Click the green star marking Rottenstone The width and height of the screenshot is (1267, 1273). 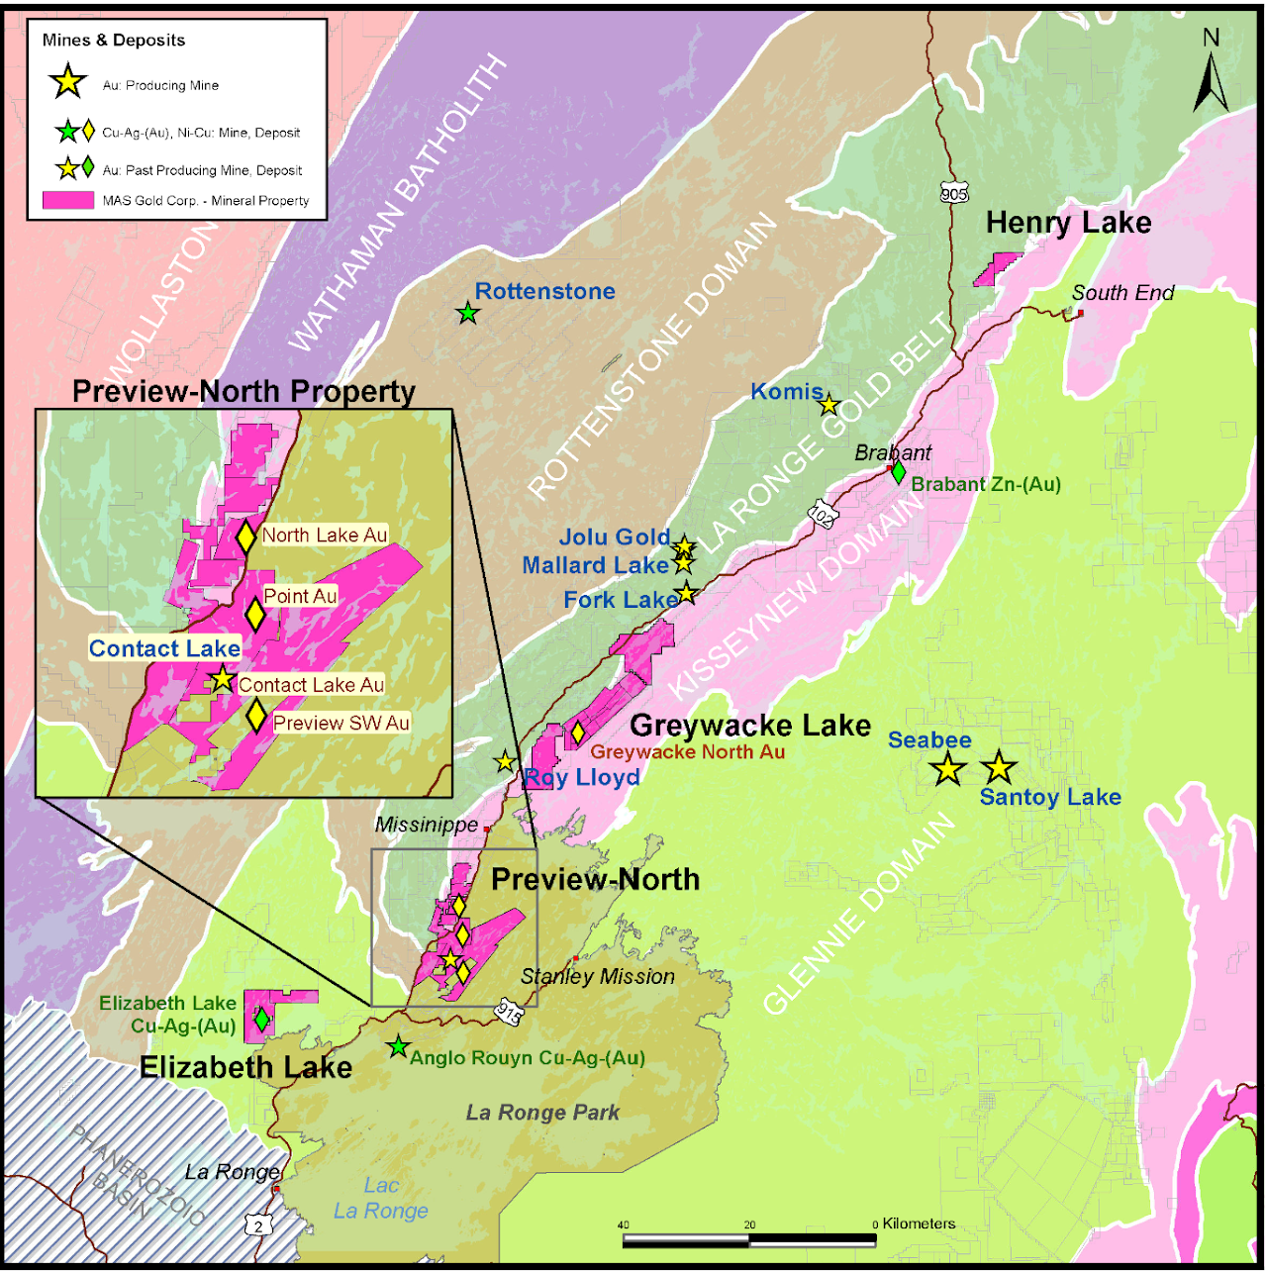click(x=467, y=314)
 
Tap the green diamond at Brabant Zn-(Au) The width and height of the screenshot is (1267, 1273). click(x=898, y=472)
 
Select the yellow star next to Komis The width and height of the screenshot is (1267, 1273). click(x=828, y=404)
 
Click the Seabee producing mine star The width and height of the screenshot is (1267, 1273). click(x=947, y=768)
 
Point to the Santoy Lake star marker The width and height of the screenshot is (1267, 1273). click(x=998, y=766)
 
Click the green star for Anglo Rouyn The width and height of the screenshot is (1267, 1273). click(x=398, y=1046)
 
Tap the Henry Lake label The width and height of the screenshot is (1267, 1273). click(x=1068, y=223)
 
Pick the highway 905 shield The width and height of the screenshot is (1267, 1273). click(x=953, y=193)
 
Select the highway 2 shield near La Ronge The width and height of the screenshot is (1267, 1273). click(x=259, y=1225)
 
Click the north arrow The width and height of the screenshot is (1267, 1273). click(x=1211, y=74)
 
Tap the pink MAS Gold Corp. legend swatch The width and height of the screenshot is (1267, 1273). click(x=68, y=200)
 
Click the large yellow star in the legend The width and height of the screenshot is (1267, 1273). click(x=68, y=82)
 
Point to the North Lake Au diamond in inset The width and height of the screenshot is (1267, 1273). click(x=245, y=537)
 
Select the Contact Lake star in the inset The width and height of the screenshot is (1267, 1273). click(x=222, y=680)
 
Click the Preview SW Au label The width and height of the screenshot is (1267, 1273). click(x=341, y=723)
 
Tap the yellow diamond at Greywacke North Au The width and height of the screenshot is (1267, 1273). click(x=577, y=734)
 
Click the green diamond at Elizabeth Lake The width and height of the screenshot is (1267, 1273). click(x=261, y=1018)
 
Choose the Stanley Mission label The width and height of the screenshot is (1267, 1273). click(x=598, y=976)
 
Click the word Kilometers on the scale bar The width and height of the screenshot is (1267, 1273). click(x=919, y=1224)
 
